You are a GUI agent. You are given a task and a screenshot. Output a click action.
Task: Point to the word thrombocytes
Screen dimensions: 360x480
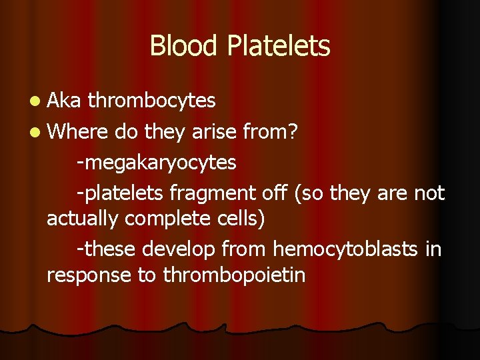point(152,101)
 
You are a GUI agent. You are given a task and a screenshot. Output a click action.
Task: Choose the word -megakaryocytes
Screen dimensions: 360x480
point(157,163)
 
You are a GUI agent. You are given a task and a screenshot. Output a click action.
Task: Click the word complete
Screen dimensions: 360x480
point(169,219)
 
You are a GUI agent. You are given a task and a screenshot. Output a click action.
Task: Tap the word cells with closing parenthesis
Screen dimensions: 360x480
point(242,219)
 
